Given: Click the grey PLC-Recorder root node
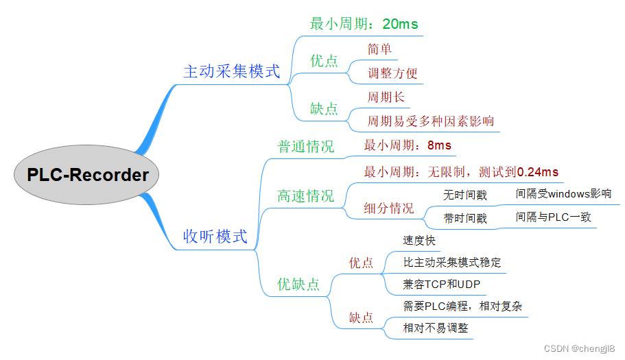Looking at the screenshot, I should pyautogui.click(x=87, y=175).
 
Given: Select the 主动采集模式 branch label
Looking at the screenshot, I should pyautogui.click(x=232, y=71).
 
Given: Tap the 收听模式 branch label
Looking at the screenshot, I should pyautogui.click(x=215, y=237).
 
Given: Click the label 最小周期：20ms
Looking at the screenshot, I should pyautogui.click(x=364, y=24).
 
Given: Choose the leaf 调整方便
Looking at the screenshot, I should pyautogui.click(x=392, y=73).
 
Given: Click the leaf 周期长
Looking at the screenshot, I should pyautogui.click(x=386, y=97).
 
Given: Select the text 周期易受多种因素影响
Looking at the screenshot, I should pyautogui.click(x=430, y=121).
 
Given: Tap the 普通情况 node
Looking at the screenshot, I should pyautogui.click(x=305, y=146).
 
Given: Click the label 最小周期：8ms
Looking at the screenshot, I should pyautogui.click(x=408, y=145).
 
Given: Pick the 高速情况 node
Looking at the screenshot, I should pyautogui.click(x=305, y=196).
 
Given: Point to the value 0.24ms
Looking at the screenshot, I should pyautogui.click(x=537, y=171).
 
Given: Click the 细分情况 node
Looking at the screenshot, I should pyautogui.click(x=389, y=208).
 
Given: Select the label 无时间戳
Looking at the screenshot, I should pyautogui.click(x=465, y=195).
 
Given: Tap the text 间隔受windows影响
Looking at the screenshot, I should pyautogui.click(x=563, y=193).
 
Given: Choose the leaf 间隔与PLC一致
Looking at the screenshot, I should pyautogui.click(x=553, y=217).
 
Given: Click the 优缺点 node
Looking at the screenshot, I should pyautogui.click(x=298, y=284).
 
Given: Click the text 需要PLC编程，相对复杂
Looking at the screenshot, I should pyautogui.click(x=462, y=306).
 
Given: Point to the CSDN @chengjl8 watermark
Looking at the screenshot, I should pyautogui.click(x=582, y=348).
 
